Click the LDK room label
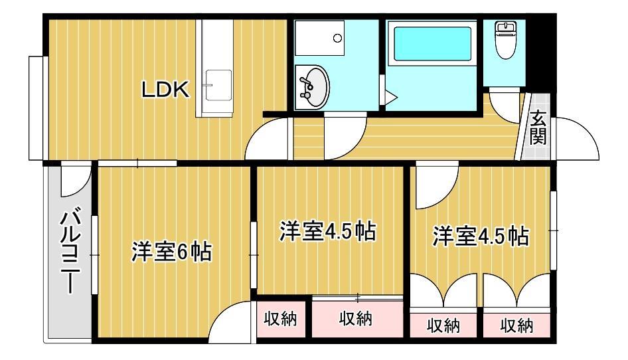[166, 90]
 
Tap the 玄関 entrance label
[538, 130]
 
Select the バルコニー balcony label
[70, 250]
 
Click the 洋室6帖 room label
[171, 252]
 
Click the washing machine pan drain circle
[338, 39]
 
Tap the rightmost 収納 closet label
[516, 325]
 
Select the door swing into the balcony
[75, 180]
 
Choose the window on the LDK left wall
[37, 108]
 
